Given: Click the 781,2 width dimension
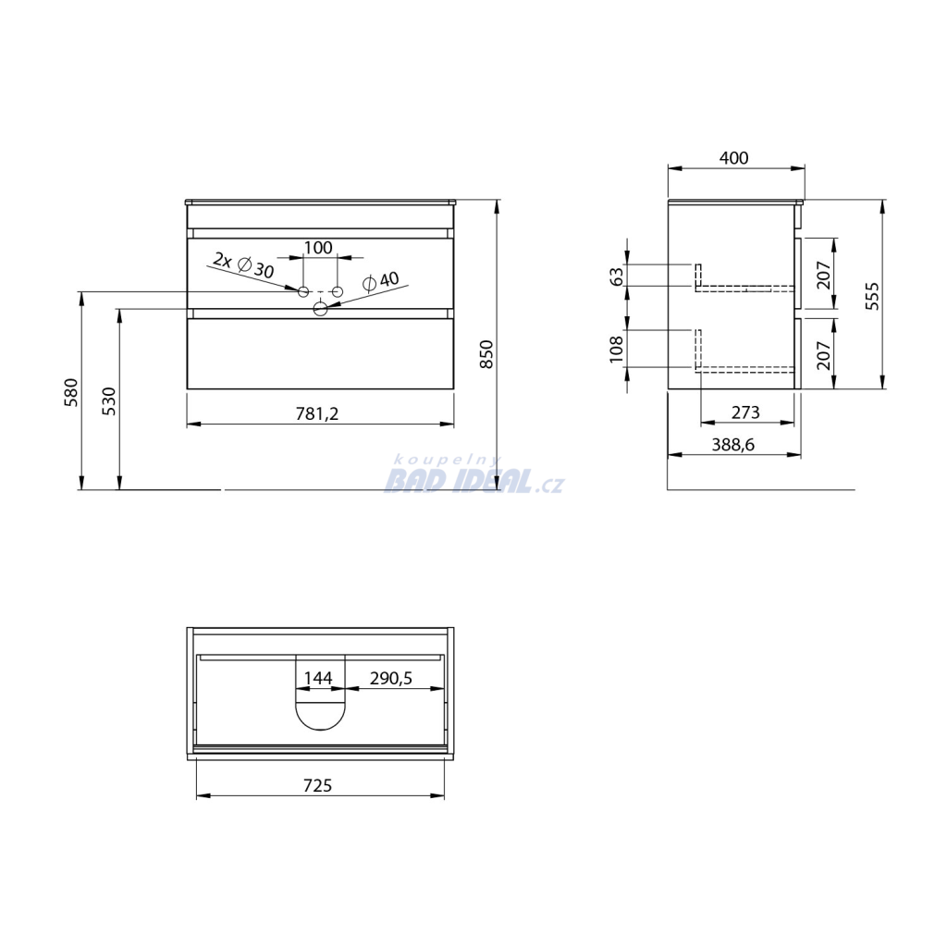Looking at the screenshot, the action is coord(317,413).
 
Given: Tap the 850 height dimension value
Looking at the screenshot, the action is coord(486,354).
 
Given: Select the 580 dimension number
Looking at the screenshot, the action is coord(71,392).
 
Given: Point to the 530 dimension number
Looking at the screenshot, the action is coord(109,401).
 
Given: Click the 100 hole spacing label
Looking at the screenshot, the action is coord(318,248).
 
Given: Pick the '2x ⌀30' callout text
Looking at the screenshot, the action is coord(243,265).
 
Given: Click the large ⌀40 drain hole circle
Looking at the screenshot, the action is coord(320,309).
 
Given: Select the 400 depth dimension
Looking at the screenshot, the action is coord(733,157).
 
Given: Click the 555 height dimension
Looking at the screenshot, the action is coord(872,296).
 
